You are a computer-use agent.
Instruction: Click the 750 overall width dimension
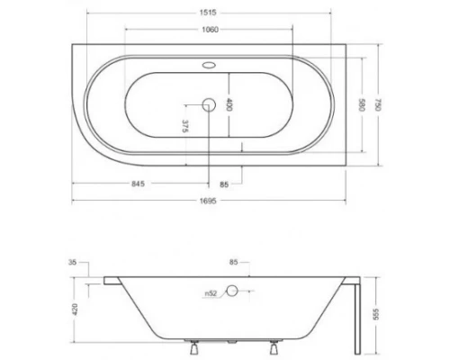point(383,103)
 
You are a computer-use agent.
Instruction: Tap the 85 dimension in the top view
point(224,186)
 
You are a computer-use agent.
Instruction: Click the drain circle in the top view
point(211,104)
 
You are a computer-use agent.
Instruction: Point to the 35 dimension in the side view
point(72,264)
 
